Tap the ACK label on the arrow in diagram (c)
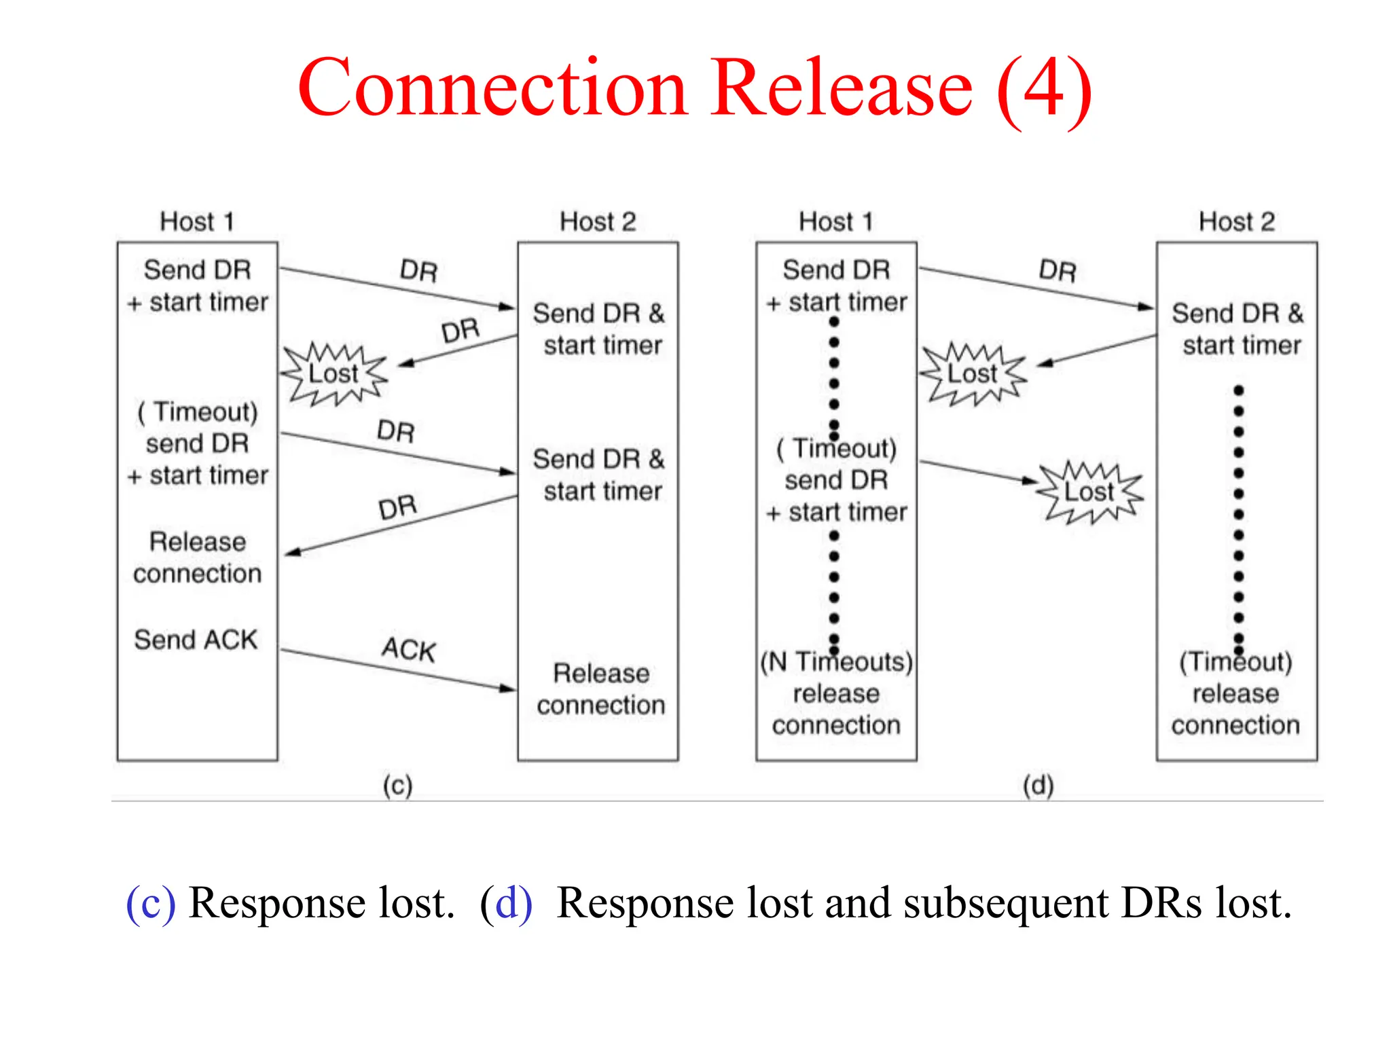pos(408,649)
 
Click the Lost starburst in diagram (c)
pos(333,373)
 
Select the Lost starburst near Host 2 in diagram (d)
pos(1089,492)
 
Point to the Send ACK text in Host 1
pos(196,640)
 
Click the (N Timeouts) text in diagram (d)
pos(836,661)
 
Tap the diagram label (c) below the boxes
pos(397,786)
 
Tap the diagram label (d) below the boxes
pos(1038,786)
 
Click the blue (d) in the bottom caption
pos(506,904)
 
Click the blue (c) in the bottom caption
pos(151,904)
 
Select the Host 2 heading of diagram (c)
pos(598,221)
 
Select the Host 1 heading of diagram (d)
pos(835,221)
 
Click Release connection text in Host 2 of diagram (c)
pos(600,689)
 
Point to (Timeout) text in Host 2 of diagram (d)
pos(1235,661)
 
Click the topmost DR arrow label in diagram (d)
pos(1058,271)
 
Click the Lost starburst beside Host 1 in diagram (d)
pos(972,373)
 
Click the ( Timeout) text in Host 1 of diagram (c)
pos(198,411)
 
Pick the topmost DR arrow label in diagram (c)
pos(418,271)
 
